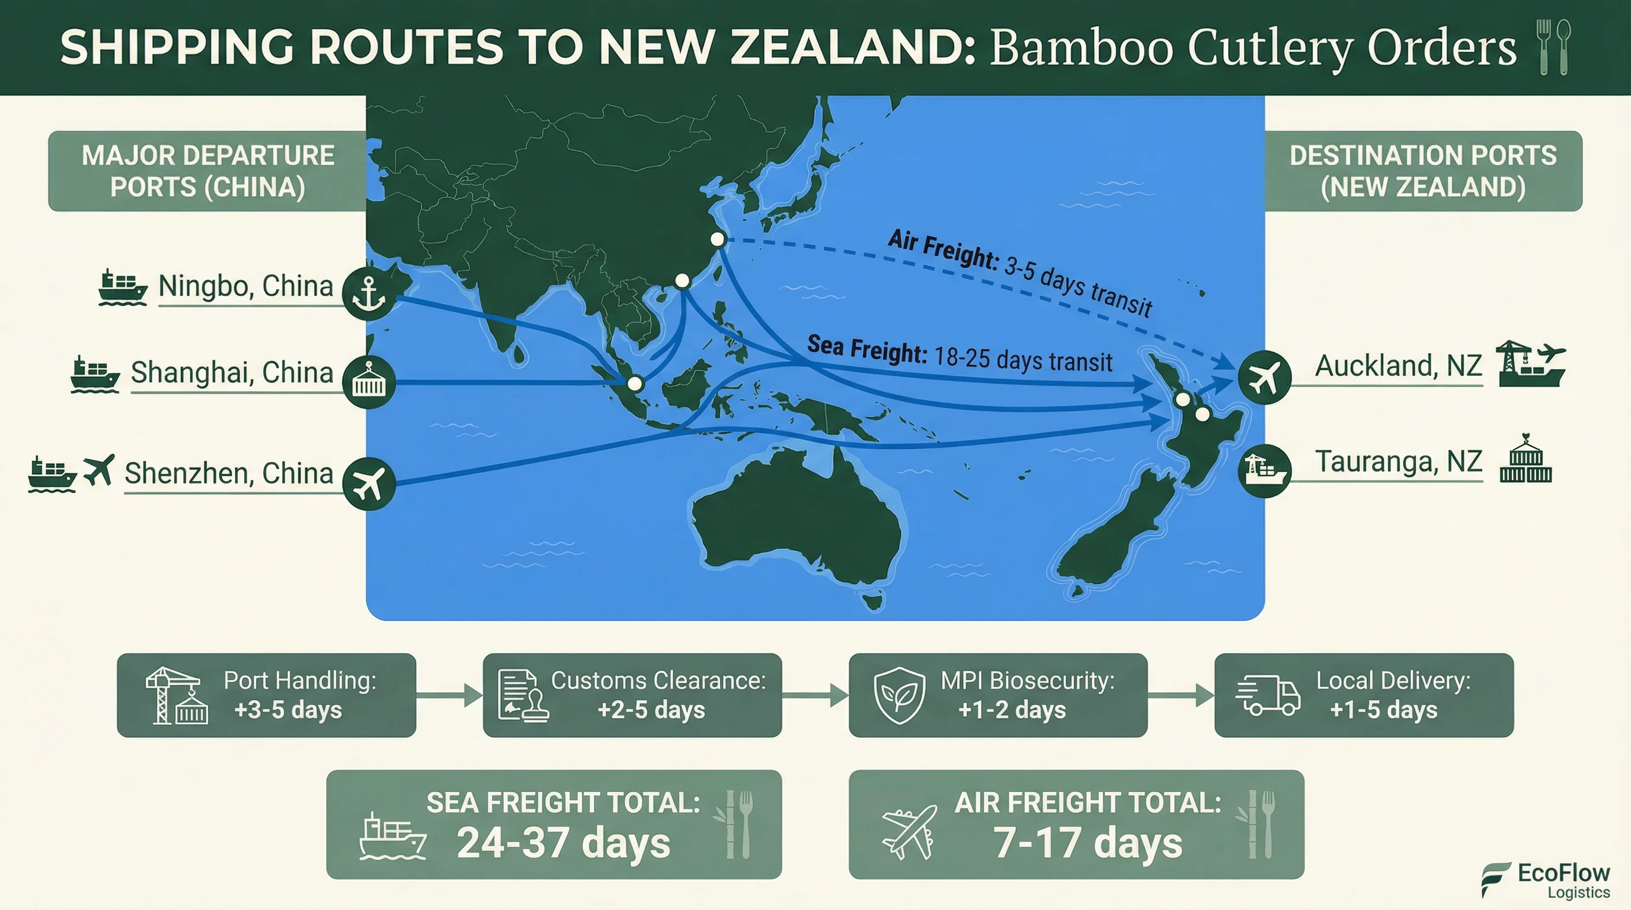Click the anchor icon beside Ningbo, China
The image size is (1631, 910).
[x=369, y=293]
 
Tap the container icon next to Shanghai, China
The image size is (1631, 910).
[x=369, y=382]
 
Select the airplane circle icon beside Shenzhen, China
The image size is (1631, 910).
[x=369, y=483]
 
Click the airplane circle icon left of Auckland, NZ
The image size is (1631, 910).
[x=1264, y=377]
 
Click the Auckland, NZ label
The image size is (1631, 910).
[x=1398, y=366]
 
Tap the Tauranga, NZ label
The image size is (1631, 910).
[x=1398, y=462]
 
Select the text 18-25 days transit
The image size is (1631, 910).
[x=1022, y=359]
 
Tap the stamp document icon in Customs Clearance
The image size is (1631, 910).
[x=522, y=696]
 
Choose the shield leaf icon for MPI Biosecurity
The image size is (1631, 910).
[x=899, y=696]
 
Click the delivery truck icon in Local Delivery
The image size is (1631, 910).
[x=1267, y=695]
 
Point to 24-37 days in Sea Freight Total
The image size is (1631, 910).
[x=563, y=844]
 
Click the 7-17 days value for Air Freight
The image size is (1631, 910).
[x=1087, y=844]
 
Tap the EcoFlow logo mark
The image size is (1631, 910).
[x=1495, y=879]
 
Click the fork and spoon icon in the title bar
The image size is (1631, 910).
[x=1553, y=47]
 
